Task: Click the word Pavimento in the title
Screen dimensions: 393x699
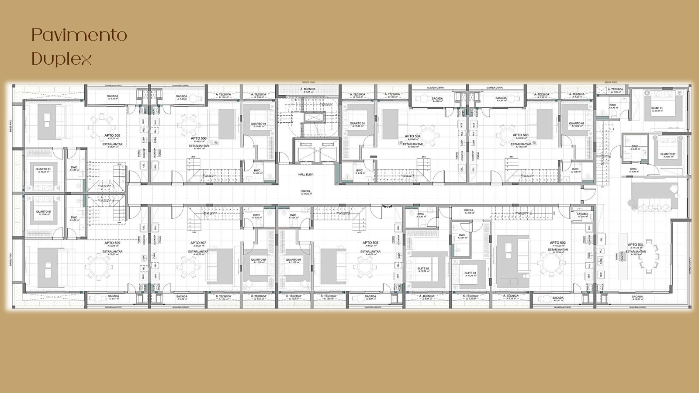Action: [79, 35]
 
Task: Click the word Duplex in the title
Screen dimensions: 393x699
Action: [62, 59]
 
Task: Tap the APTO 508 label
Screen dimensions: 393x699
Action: [112, 136]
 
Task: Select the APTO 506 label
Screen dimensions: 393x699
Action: [199, 138]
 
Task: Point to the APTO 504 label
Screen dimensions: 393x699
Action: [412, 136]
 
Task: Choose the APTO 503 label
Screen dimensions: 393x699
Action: [520, 135]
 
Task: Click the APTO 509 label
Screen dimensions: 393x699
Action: [112, 243]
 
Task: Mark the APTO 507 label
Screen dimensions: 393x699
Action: [198, 243]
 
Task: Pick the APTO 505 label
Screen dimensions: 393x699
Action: [370, 243]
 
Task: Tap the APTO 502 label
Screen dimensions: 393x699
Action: [557, 243]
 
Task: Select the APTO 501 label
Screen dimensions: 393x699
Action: [635, 245]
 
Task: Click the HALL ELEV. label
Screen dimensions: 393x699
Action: [306, 175]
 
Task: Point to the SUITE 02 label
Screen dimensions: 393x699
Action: [423, 268]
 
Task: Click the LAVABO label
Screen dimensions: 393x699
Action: [583, 214]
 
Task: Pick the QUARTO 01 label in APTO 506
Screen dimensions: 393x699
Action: [259, 124]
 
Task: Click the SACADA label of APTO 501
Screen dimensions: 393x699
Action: [637, 297]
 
